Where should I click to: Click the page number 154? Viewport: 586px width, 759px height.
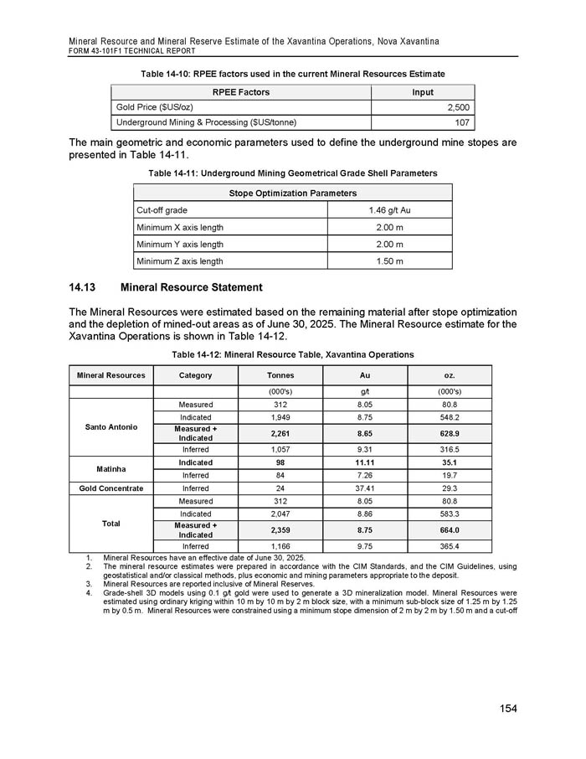[x=505, y=709]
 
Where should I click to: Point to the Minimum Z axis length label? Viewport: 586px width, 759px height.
[x=178, y=261]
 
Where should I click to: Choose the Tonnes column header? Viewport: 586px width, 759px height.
[x=279, y=375]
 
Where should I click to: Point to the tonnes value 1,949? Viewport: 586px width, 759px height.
[x=279, y=416]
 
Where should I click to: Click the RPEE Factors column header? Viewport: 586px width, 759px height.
[x=241, y=91]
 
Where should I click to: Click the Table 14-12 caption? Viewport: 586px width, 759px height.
[x=292, y=354]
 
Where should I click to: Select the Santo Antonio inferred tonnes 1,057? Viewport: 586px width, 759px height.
[x=279, y=448]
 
